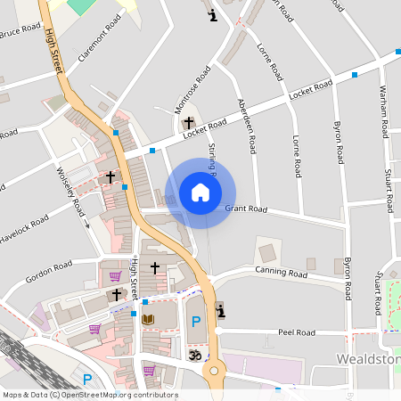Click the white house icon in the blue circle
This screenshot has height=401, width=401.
pyautogui.click(x=200, y=192)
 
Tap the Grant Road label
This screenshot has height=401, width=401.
pyautogui.click(x=246, y=209)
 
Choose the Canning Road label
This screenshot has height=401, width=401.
pyautogui.click(x=281, y=271)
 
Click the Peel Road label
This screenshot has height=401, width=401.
pyautogui.click(x=297, y=332)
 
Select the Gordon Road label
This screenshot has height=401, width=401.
pyautogui.click(x=48, y=270)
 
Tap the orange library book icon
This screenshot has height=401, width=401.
pyautogui.click(x=148, y=319)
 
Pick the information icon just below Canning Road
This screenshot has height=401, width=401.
pyautogui.click(x=221, y=309)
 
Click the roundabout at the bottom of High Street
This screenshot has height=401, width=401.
pyautogui.click(x=212, y=370)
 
